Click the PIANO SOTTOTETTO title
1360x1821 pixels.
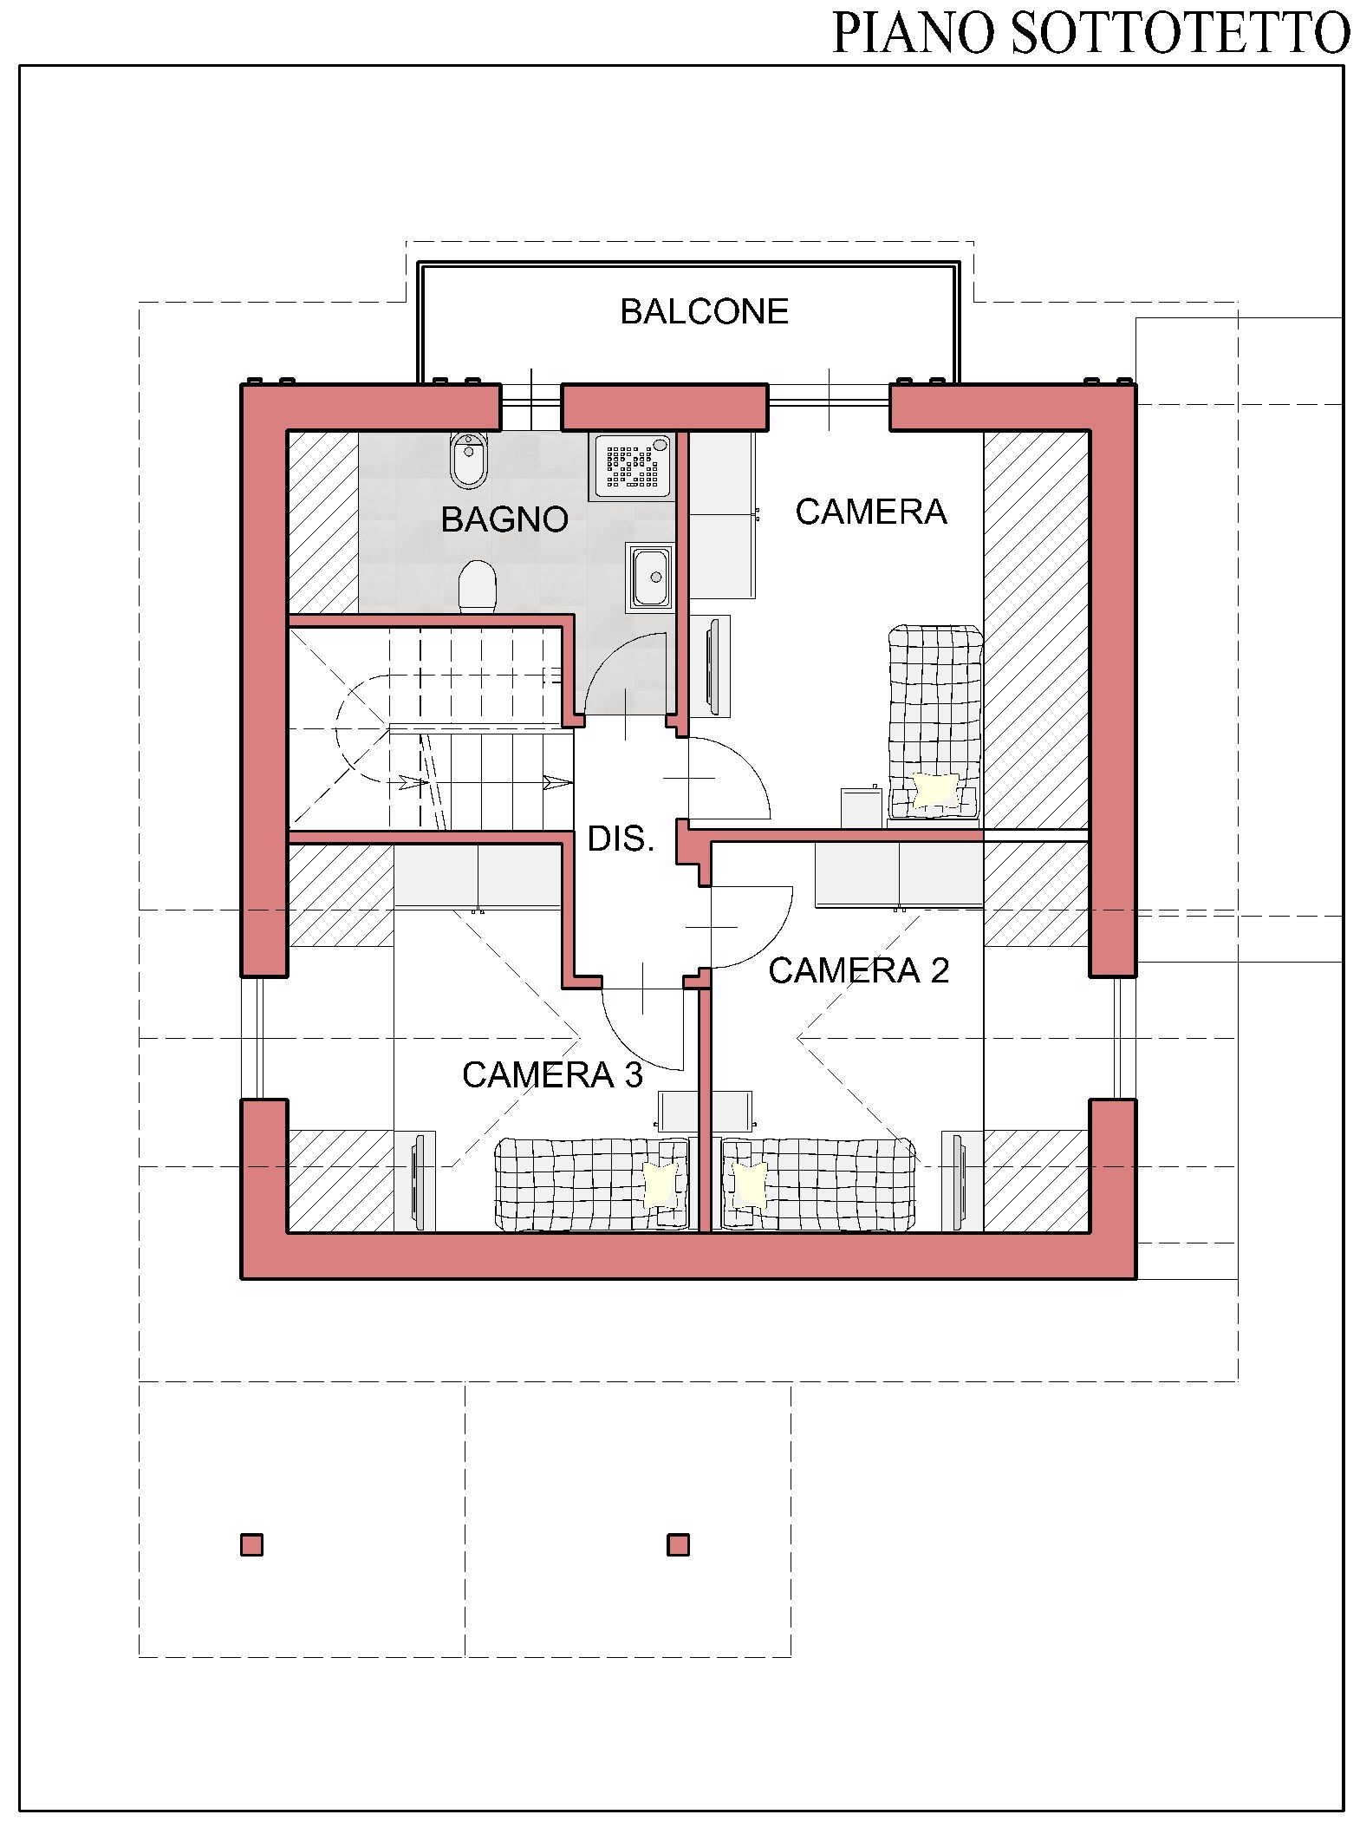click(1090, 32)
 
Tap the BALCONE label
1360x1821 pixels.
click(704, 311)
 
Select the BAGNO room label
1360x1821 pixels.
click(504, 519)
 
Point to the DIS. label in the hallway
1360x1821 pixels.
click(621, 839)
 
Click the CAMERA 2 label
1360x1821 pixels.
click(858, 970)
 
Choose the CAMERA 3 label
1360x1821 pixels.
click(552, 1074)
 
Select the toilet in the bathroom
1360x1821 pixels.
click(477, 586)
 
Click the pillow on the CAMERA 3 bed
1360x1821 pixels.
click(661, 1183)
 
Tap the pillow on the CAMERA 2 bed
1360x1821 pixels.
click(748, 1184)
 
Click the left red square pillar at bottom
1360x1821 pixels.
click(251, 1544)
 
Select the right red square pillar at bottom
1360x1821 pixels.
click(678, 1544)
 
